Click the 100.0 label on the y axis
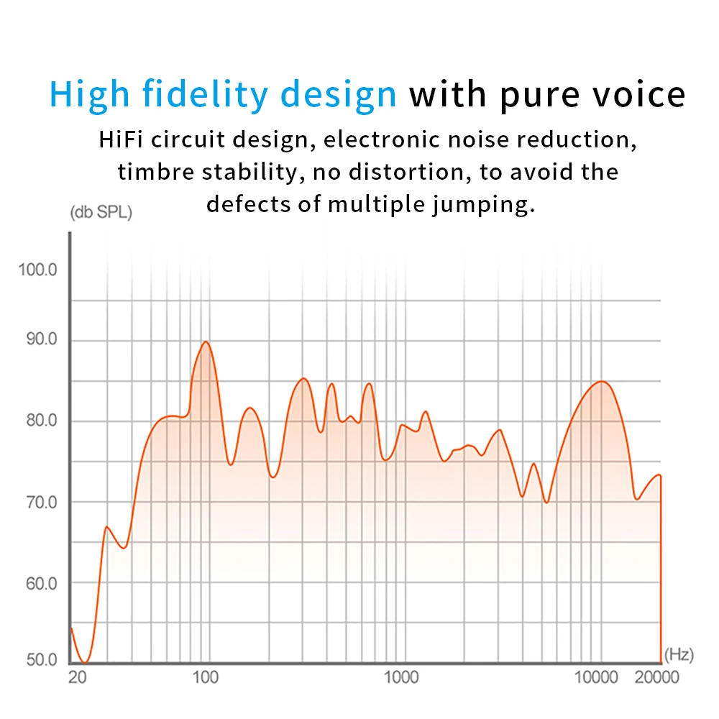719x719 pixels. (x=37, y=270)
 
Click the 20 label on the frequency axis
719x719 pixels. (x=77, y=677)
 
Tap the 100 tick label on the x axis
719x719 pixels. (x=206, y=677)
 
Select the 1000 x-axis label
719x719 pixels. (x=401, y=677)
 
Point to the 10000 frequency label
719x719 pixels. (x=596, y=677)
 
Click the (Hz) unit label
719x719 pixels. (x=679, y=654)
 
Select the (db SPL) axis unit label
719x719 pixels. (x=101, y=213)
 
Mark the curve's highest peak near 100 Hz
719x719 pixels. (x=206, y=342)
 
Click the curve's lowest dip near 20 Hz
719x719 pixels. (x=86, y=662)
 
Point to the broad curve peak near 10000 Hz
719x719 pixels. (x=601, y=382)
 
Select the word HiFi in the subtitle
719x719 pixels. (x=121, y=139)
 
